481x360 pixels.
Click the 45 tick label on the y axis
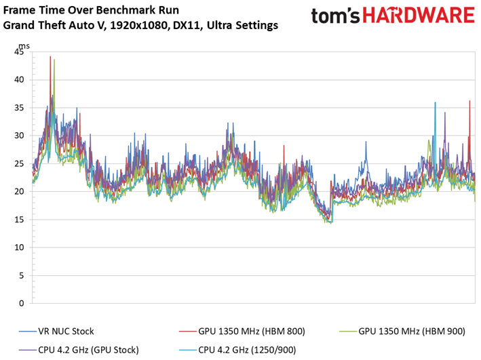19,52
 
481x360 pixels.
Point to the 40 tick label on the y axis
19,80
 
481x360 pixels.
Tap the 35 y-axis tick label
19,108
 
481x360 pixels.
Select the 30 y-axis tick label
19,136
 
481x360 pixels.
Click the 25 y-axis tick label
19,164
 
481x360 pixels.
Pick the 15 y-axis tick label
19,220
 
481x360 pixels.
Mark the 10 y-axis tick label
19,247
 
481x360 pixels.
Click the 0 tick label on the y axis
21,303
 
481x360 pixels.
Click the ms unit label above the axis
24,46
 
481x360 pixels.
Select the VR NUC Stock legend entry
56,331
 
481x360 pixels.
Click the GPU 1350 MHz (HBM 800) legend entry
242,331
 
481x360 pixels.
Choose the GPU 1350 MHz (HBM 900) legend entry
402,331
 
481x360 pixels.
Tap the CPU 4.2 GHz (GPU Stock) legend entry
79,350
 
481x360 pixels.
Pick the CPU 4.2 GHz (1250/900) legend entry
237,350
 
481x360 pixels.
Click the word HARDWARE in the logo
419,16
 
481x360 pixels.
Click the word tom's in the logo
335,16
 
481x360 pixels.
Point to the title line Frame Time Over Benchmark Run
91,10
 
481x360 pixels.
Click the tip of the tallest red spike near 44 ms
50,56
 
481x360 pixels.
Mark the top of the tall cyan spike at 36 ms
435,102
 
